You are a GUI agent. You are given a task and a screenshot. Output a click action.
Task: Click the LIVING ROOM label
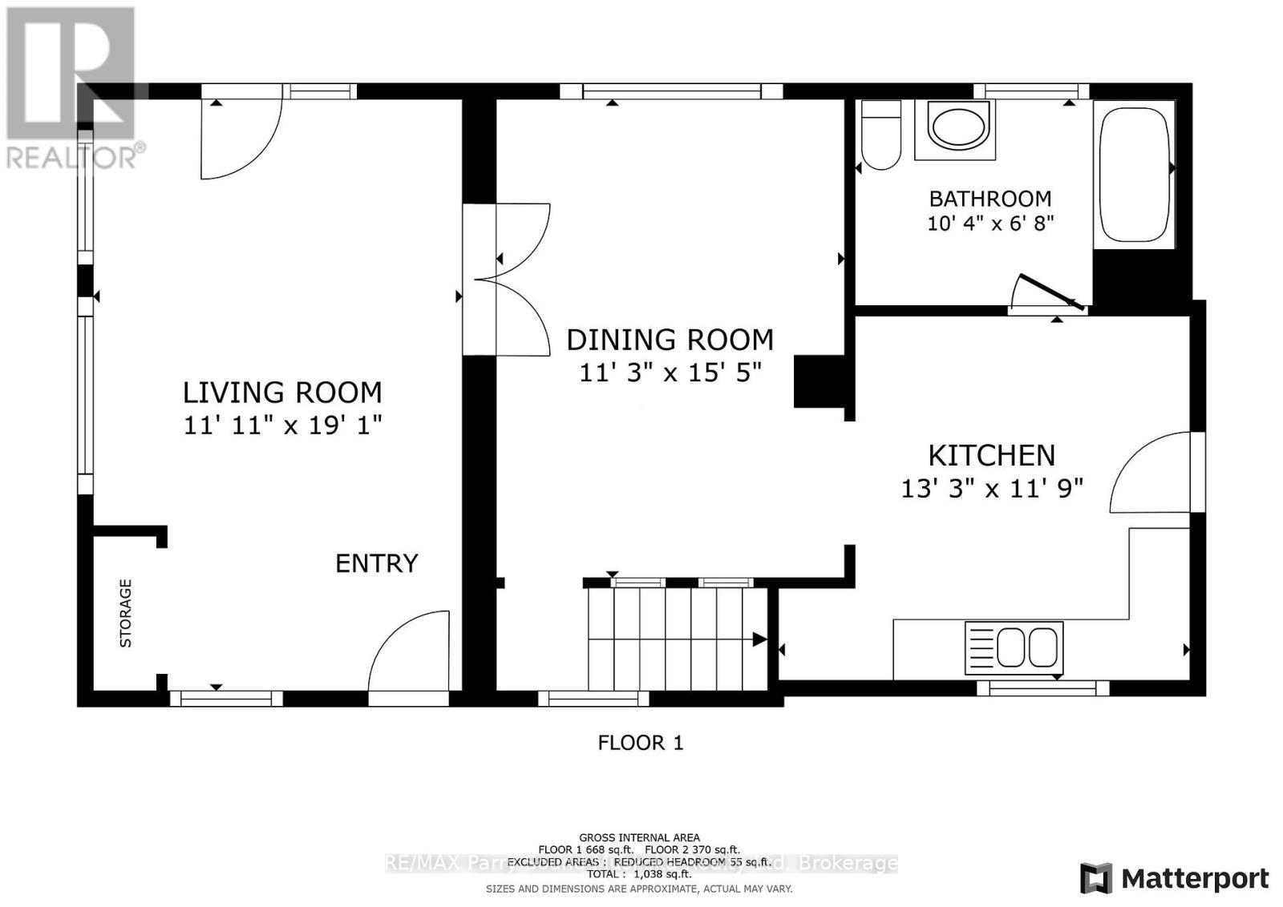[x=282, y=393]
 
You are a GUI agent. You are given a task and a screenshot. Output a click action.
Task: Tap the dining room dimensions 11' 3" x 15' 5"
[x=670, y=373]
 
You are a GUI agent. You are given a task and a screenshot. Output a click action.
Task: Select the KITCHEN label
[x=991, y=455]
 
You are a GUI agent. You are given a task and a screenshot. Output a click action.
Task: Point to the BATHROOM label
[x=990, y=198]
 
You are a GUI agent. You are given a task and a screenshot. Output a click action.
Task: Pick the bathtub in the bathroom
[x=1134, y=171]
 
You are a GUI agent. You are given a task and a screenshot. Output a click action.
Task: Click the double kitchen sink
[x=1014, y=646]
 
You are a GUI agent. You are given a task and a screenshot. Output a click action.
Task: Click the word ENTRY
[x=376, y=563]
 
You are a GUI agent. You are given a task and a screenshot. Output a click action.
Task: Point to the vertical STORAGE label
[x=126, y=613]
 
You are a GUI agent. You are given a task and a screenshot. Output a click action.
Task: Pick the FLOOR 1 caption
[x=641, y=743]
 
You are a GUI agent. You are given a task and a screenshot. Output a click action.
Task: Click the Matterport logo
[x=1175, y=878]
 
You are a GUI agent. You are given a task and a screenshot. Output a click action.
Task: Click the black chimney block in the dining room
[x=818, y=383]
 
